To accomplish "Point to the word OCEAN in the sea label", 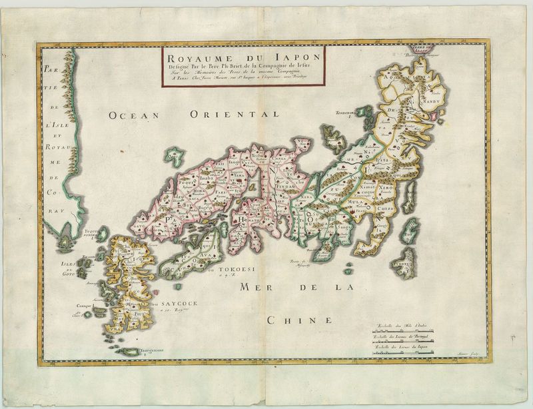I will tap(133, 115).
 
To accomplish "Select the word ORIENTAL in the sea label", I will tap(225, 115).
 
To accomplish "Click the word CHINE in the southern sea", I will tap(299, 320).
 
